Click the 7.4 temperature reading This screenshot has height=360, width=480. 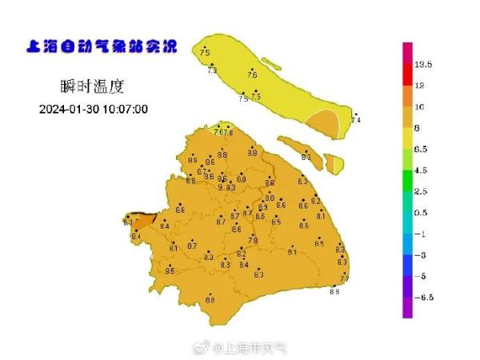point(356,121)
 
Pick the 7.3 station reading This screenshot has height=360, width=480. point(212,71)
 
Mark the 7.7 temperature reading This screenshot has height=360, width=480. point(346,278)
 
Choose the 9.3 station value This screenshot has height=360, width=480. point(230,187)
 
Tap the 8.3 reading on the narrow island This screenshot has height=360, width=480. point(306,157)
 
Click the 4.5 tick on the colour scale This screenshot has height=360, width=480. point(422,170)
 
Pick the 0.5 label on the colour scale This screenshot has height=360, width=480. point(422,213)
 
